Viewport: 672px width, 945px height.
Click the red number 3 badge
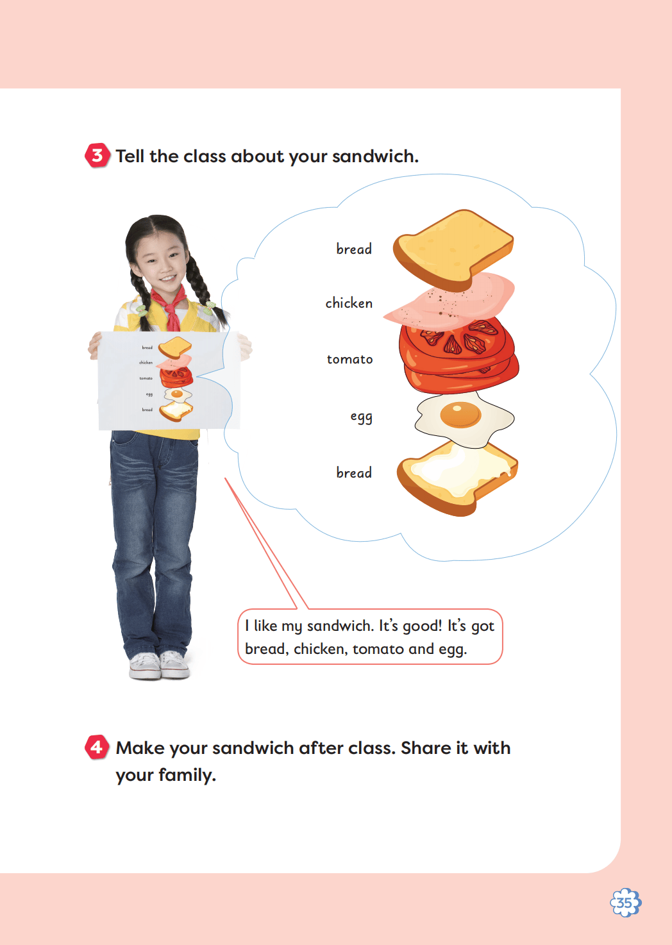pos(97,155)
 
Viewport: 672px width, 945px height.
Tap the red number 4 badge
pos(97,747)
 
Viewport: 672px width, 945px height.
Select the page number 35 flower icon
pos(626,903)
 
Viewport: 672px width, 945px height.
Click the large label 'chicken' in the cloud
pos(349,303)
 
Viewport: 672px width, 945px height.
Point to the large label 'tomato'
pos(349,359)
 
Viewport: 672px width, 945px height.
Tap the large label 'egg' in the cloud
pos(362,417)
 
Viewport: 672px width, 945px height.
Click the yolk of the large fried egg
pos(460,415)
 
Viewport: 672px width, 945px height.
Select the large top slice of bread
pos(453,250)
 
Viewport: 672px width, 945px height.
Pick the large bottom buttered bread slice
pos(458,478)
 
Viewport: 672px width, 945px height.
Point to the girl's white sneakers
pos(158,665)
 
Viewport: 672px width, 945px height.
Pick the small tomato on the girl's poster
pos(176,377)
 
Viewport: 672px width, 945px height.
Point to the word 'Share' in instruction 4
pos(426,748)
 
